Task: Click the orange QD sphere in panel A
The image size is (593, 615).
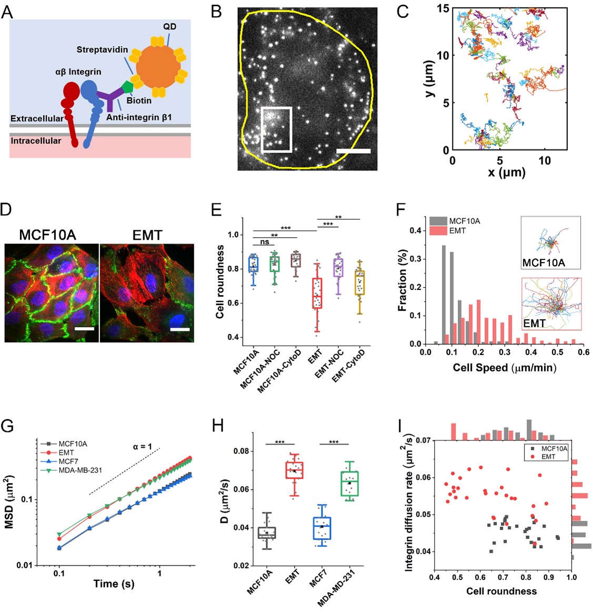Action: tap(158, 67)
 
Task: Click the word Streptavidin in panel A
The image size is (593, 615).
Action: tap(102, 50)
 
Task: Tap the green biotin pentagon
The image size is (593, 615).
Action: tap(128, 86)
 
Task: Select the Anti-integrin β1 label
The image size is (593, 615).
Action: tap(139, 117)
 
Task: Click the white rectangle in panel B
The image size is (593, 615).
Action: tap(276, 129)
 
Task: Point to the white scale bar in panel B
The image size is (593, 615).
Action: tap(353, 151)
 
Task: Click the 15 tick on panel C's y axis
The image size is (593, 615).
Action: tap(443, 8)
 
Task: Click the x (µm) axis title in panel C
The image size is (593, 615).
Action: tap(506, 172)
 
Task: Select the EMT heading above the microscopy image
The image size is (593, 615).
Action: tap(147, 235)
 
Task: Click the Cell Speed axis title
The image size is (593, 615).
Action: tap(505, 367)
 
